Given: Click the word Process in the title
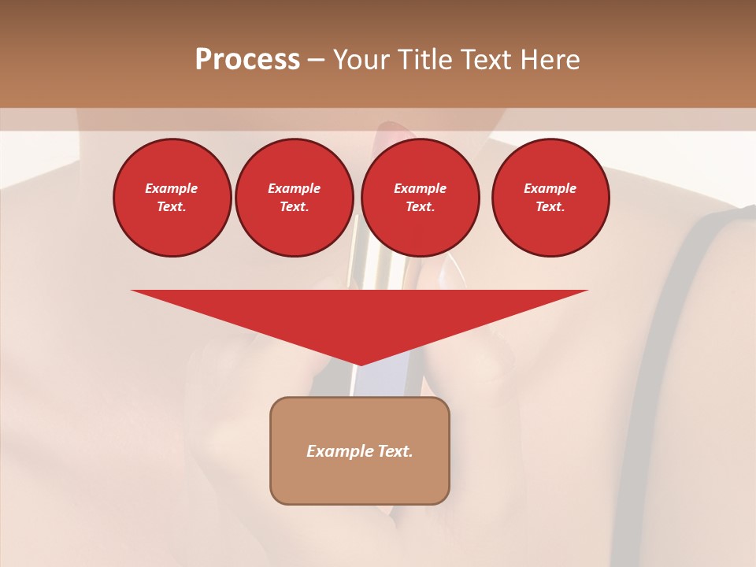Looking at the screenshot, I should tap(247, 60).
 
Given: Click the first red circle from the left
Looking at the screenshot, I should tap(172, 198).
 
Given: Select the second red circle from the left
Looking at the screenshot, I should tap(294, 198).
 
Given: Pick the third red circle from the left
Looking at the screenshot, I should tap(420, 198).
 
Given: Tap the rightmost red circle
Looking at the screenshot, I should tap(550, 198).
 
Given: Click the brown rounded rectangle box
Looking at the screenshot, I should tap(360, 450).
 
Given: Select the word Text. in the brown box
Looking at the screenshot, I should tap(396, 451).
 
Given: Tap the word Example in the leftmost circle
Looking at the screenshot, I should tap(172, 188).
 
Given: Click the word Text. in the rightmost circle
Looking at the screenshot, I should tap(550, 207).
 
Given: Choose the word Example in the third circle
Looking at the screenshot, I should tap(420, 188).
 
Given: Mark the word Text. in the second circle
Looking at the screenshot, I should tap(294, 207).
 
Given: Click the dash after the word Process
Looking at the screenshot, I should tap(317, 60).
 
